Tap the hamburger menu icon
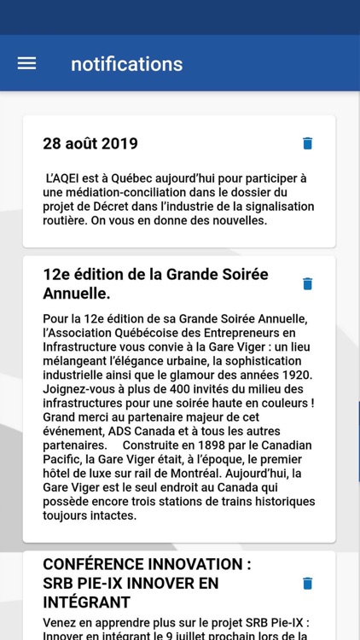pyautogui.click(x=26, y=64)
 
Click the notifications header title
pyautogui.click(x=126, y=64)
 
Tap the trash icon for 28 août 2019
pyautogui.click(x=308, y=143)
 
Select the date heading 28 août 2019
pyautogui.click(x=90, y=143)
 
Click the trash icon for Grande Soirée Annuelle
pyautogui.click(x=308, y=283)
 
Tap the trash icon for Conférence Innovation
pyautogui.click(x=308, y=584)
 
